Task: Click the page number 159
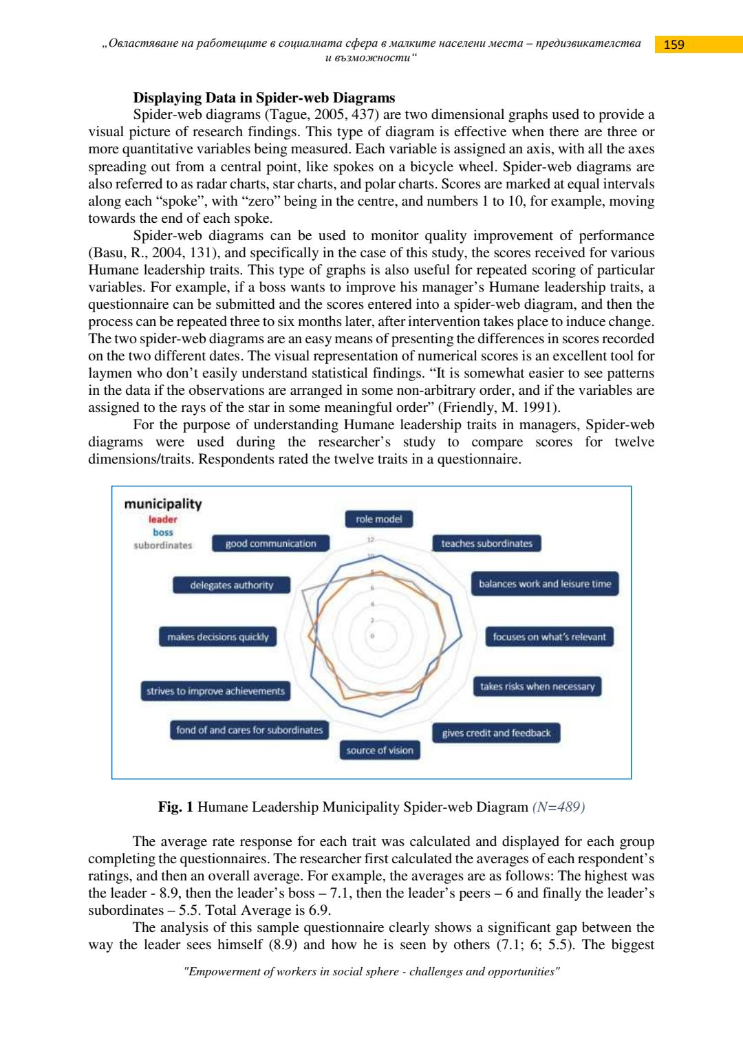click(x=674, y=45)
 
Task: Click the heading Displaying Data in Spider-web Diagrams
click(x=264, y=98)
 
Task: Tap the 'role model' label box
click(x=379, y=519)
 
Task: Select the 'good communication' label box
click(x=271, y=543)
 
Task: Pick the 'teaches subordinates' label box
click(x=486, y=543)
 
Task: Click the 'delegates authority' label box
click(x=232, y=585)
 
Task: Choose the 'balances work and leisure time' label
click(x=545, y=584)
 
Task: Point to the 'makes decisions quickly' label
click(x=218, y=637)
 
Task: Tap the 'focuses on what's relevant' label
click(x=549, y=637)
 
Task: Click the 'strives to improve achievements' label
click(x=215, y=691)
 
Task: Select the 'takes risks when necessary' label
click(x=537, y=686)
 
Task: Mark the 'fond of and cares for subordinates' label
click(x=249, y=730)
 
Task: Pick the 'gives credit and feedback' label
click(x=496, y=733)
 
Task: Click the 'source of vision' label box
click(x=380, y=750)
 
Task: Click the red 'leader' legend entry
click(x=163, y=519)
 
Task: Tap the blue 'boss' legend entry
click(x=163, y=532)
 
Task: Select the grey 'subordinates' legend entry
click(x=163, y=545)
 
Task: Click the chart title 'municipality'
click(x=163, y=504)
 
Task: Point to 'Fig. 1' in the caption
click(x=175, y=807)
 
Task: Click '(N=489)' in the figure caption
click(x=559, y=807)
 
